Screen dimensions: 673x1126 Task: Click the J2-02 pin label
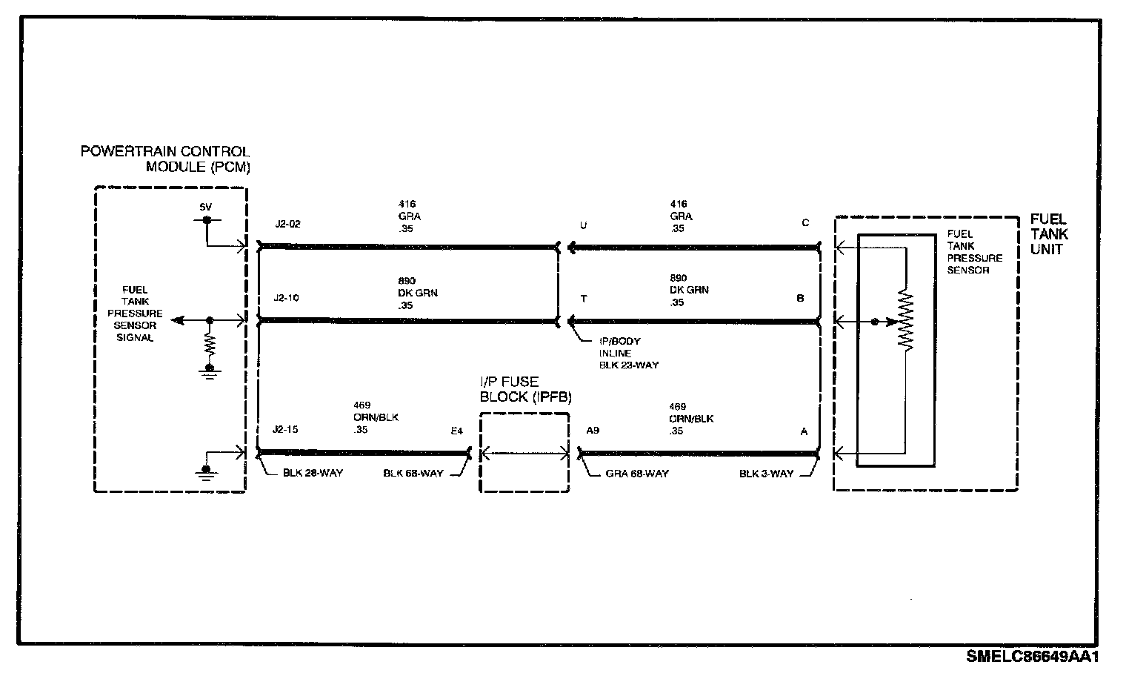287,224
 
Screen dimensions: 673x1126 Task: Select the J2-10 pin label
287,299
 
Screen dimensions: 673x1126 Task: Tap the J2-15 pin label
287,430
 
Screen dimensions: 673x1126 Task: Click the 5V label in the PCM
206,207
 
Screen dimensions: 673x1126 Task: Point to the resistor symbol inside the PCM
210,345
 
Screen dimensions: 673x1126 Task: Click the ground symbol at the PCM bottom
204,471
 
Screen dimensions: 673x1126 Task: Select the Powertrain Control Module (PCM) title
165,159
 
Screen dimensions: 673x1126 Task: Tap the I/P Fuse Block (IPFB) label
526,389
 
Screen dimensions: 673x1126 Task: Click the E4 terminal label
456,431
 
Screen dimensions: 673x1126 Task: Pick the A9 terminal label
592,431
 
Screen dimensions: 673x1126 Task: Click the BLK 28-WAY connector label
313,473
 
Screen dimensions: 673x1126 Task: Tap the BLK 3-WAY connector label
766,474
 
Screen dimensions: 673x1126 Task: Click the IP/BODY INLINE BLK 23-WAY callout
628,353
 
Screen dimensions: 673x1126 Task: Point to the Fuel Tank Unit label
1049,234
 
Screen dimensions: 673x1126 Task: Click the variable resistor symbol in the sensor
905,321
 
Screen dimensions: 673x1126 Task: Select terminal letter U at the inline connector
584,225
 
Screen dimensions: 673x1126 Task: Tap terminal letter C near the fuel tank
805,223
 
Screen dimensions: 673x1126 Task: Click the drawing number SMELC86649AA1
1031,657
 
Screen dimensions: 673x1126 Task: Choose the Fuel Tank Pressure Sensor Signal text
135,314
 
